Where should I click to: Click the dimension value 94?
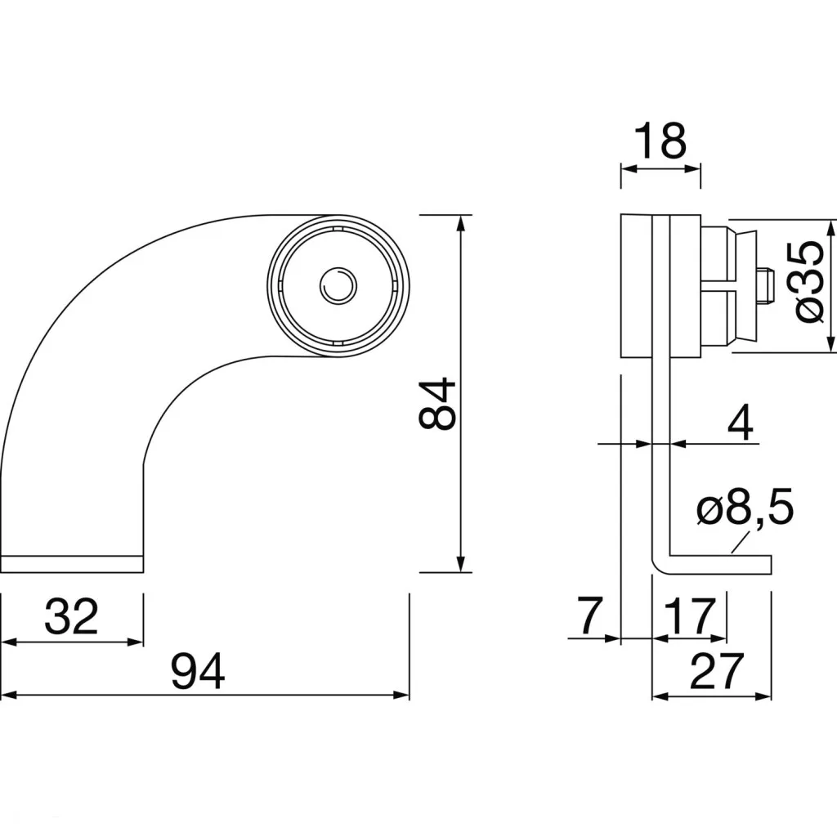(198, 671)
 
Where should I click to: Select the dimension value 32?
(72, 616)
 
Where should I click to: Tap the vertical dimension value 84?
(437, 404)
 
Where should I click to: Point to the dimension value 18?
(660, 141)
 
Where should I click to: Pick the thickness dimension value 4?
(741, 422)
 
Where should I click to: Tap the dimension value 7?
(590, 615)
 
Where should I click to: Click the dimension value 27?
(716, 671)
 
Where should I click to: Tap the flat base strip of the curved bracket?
(72, 564)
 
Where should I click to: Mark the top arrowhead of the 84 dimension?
(461, 223)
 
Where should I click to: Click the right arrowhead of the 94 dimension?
(401, 695)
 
